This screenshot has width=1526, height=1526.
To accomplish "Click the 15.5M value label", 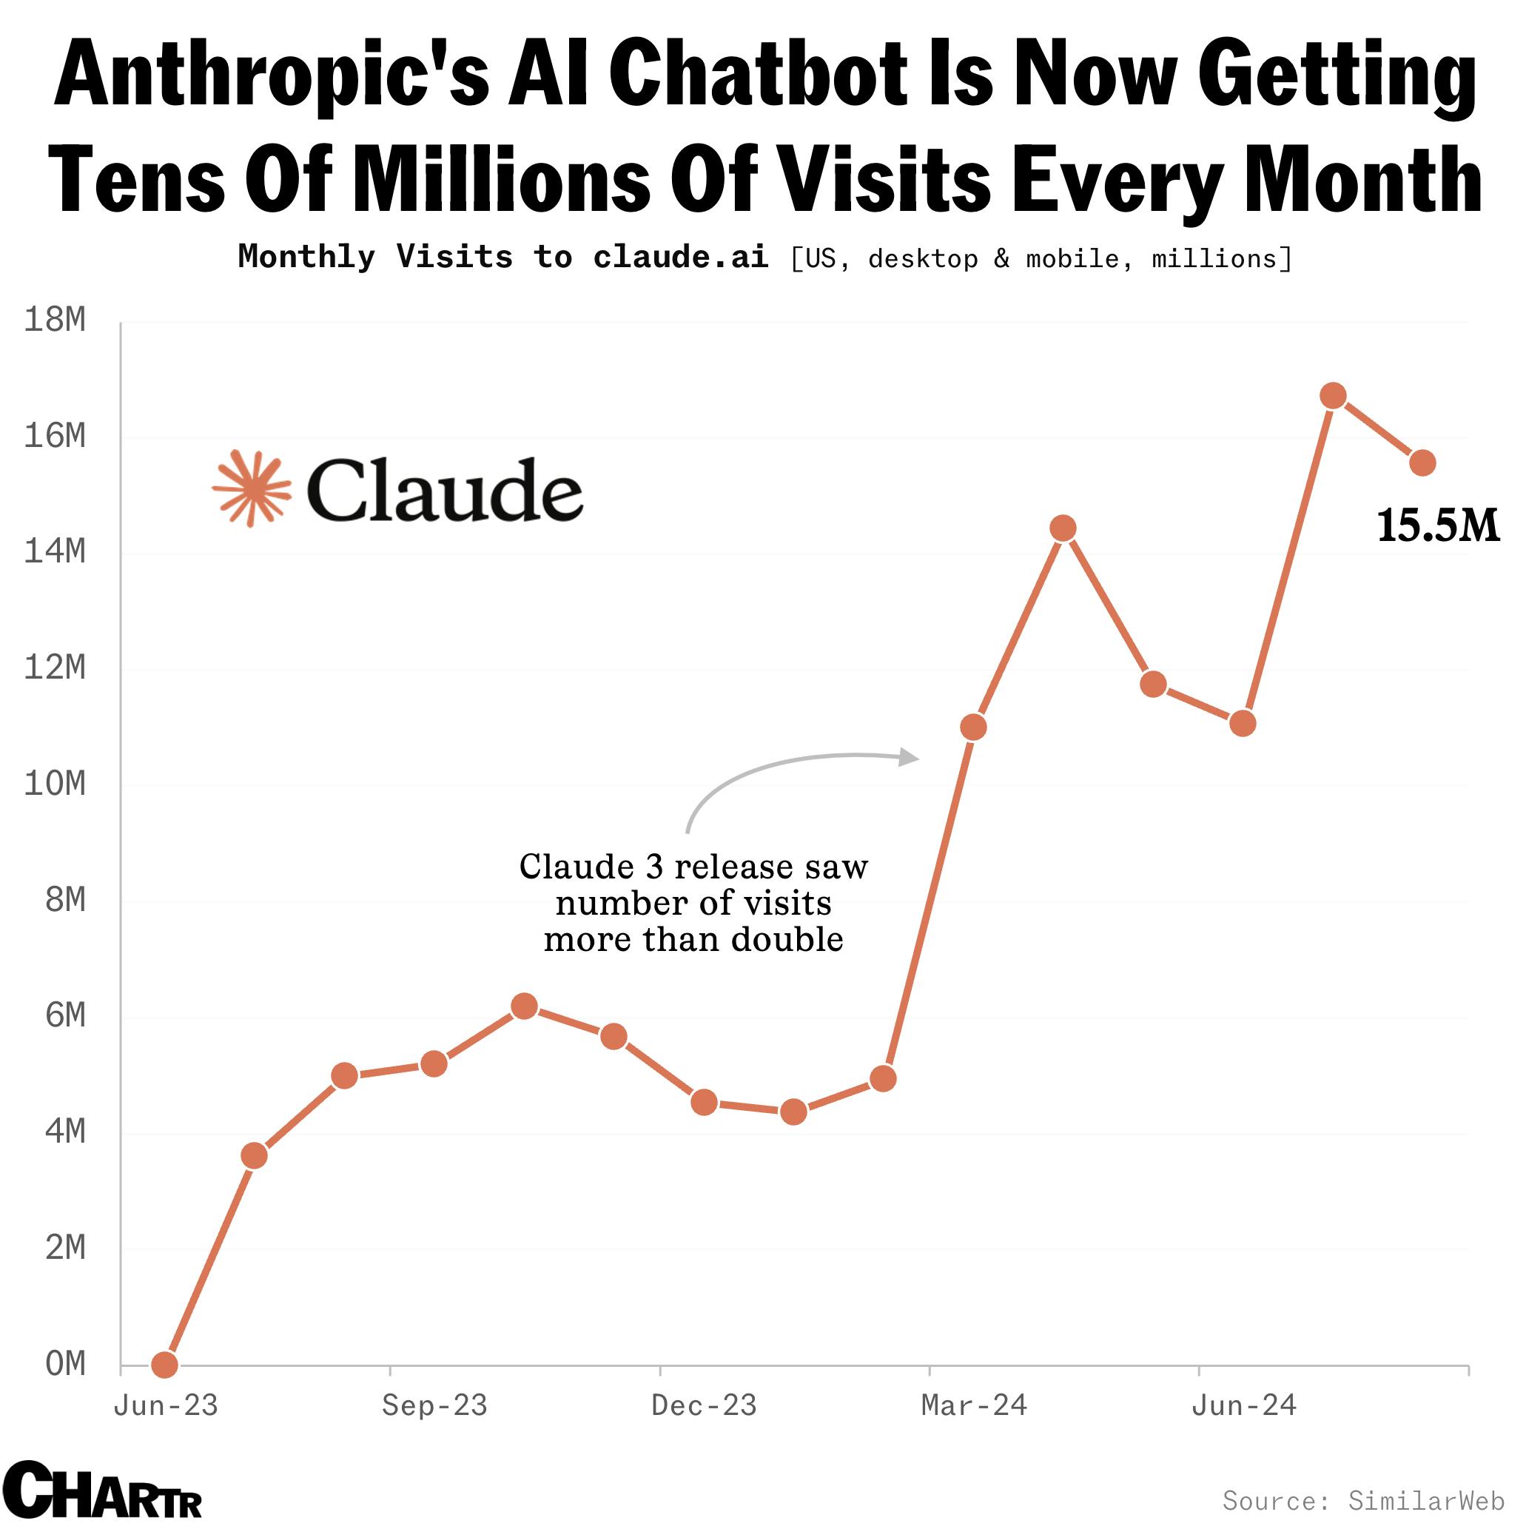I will point(1437,526).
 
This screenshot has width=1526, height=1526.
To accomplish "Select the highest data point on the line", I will point(1334,396).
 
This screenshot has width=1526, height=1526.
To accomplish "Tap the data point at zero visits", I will point(164,1364).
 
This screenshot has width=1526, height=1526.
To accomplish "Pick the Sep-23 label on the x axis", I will point(434,1406).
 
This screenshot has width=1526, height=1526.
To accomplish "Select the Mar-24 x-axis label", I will point(974,1406).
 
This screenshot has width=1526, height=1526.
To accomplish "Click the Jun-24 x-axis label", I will point(1244,1406).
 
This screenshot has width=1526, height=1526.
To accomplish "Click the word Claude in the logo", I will point(445,491).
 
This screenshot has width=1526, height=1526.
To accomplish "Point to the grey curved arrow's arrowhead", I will point(911,758).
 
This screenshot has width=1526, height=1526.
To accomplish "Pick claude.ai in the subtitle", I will point(681,258).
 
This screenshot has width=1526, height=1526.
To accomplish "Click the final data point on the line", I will point(1422,463).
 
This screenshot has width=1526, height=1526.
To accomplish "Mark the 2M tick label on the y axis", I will point(66,1248).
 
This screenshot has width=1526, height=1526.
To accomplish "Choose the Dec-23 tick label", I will point(704,1406).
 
